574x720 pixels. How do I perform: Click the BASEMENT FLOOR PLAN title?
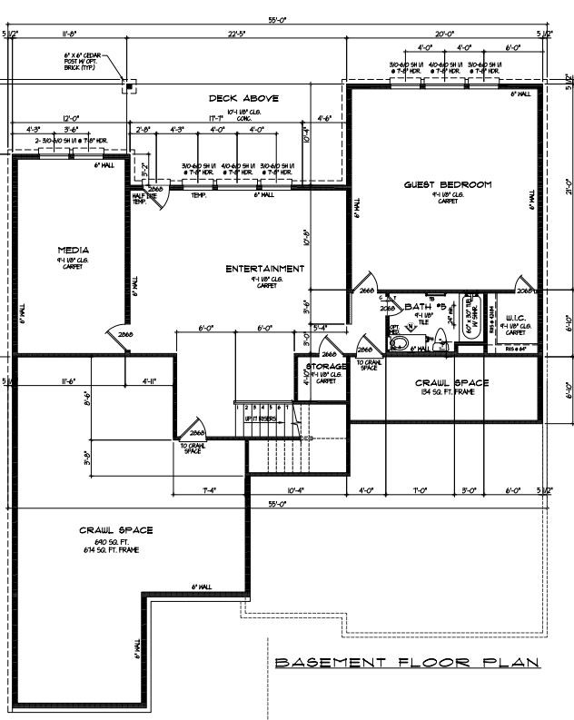[x=406, y=663]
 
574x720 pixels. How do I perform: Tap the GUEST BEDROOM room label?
[x=447, y=185]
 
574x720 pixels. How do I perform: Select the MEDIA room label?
[x=73, y=250]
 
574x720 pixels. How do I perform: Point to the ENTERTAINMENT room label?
[x=265, y=269]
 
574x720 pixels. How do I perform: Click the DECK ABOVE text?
[x=243, y=98]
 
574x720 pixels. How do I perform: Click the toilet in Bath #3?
[x=397, y=342]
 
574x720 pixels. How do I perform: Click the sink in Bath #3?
[x=440, y=340]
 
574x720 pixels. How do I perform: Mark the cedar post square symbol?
[x=129, y=87]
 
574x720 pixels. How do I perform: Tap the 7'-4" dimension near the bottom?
[x=208, y=490]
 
